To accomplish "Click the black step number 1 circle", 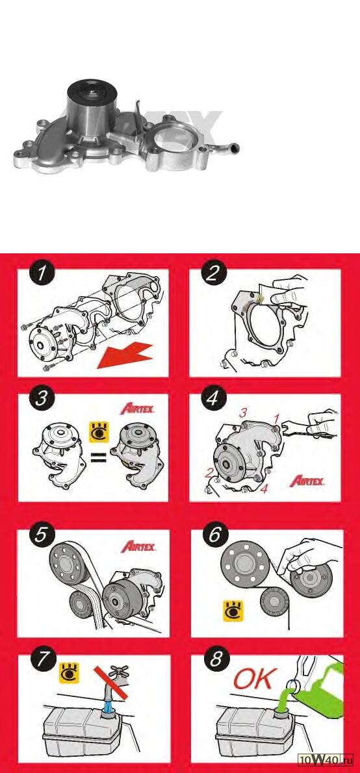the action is pos(44,275).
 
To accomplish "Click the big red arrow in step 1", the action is pos(124,354).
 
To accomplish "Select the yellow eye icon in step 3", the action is pos(98,432).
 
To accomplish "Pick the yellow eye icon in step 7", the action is pos(68,672).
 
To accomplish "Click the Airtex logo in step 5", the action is pos(138,546).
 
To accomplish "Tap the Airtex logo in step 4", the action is pos(307,481).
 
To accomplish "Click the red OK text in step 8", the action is pos(253,679).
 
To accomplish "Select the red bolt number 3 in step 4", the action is pos(242,414).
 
